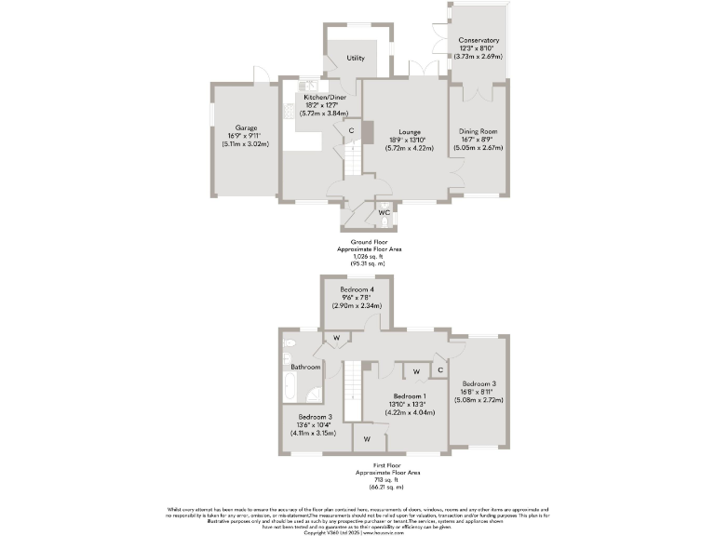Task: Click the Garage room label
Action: tap(246, 127)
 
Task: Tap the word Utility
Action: tap(356, 58)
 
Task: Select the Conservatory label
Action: tap(479, 40)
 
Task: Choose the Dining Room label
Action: tap(478, 131)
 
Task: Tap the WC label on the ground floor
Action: tap(383, 212)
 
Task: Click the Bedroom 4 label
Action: tap(357, 290)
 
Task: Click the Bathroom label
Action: tap(304, 368)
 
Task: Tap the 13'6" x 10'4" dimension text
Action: tap(314, 425)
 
